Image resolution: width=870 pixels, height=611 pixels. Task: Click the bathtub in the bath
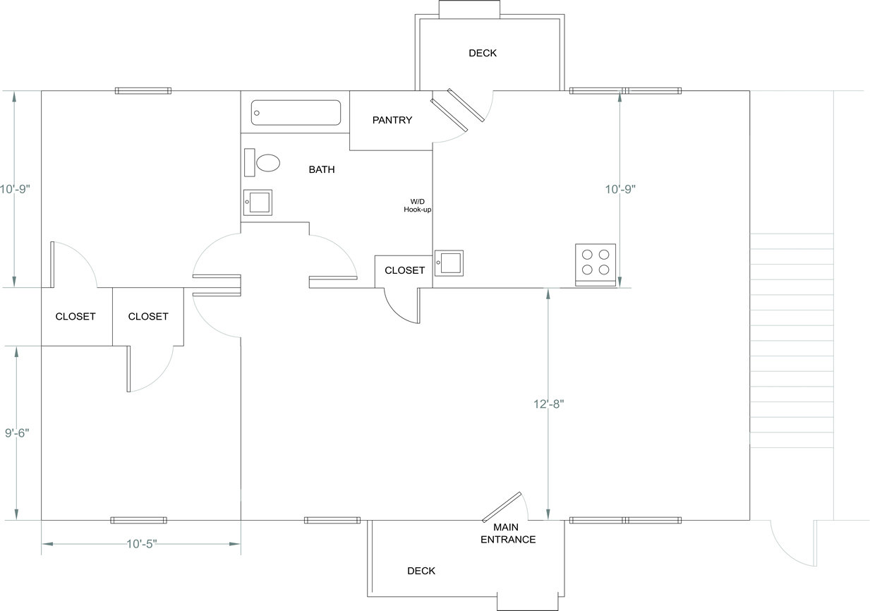click(296, 113)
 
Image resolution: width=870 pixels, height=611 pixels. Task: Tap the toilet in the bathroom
click(267, 164)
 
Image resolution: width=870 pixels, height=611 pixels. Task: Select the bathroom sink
click(258, 202)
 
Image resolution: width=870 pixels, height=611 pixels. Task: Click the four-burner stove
click(596, 263)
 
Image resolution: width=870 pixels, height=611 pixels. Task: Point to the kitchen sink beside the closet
click(449, 262)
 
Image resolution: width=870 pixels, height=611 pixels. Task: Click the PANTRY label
click(392, 120)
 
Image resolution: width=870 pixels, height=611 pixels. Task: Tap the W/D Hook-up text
click(417, 205)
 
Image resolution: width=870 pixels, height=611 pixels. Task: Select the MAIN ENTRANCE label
click(508, 533)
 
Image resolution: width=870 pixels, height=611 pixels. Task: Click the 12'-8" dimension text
click(548, 404)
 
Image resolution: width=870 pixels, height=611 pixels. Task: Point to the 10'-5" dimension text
click(141, 544)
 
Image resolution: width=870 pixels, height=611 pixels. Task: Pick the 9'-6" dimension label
click(18, 433)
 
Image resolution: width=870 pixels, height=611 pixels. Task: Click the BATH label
click(322, 169)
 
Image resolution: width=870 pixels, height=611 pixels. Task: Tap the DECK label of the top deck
click(483, 53)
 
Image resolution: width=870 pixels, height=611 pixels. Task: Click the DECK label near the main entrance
click(421, 571)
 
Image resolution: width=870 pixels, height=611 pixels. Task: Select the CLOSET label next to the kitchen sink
click(404, 270)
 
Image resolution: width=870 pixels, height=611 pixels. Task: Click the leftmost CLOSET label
click(75, 316)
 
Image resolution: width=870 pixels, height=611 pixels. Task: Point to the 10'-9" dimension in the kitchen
click(621, 189)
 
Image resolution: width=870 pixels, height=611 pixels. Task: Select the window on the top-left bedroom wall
click(143, 90)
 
